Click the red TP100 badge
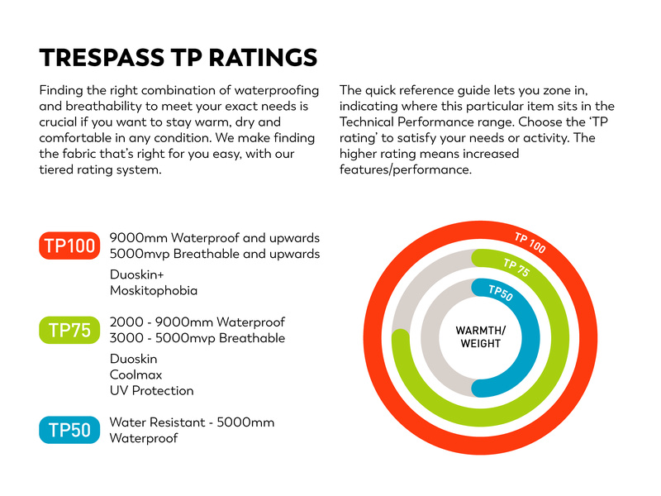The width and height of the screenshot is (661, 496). (69, 246)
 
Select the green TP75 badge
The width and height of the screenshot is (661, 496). (69, 331)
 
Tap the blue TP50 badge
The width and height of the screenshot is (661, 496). (69, 430)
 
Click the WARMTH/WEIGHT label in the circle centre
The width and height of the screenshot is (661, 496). (480, 337)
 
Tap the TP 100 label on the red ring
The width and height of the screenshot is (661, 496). (530, 242)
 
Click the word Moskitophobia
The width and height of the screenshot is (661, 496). (154, 290)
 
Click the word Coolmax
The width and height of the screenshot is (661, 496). (135, 374)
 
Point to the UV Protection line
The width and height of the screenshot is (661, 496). (152, 390)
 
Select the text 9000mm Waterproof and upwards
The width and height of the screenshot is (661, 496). (215, 238)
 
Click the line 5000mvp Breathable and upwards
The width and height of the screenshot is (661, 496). (215, 254)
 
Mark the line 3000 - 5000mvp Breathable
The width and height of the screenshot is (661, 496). (197, 338)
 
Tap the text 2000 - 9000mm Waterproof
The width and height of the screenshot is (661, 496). (197, 322)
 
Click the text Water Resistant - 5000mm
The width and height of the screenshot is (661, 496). (192, 422)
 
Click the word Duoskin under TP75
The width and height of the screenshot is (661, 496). (134, 359)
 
